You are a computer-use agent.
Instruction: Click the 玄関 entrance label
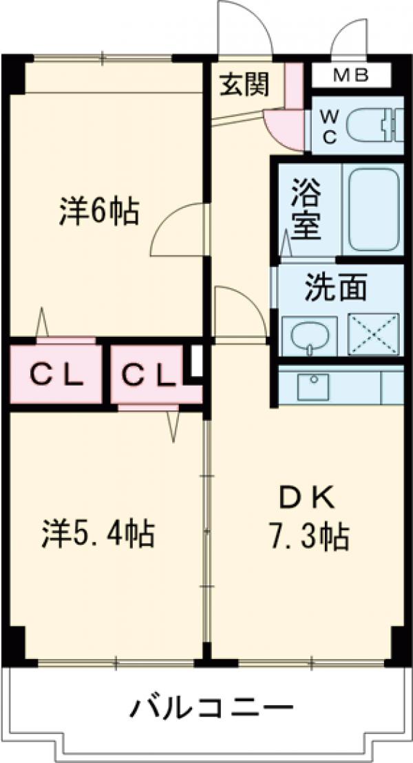point(244,85)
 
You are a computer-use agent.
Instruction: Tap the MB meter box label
point(351,76)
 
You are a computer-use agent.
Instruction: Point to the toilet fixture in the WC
point(374,125)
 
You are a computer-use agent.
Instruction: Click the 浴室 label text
point(306,209)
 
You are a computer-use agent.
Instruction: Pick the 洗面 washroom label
point(335,289)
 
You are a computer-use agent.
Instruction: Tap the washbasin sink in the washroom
point(309,335)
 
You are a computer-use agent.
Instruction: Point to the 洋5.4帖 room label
point(98,533)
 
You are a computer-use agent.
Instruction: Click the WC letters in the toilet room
point(329,127)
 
